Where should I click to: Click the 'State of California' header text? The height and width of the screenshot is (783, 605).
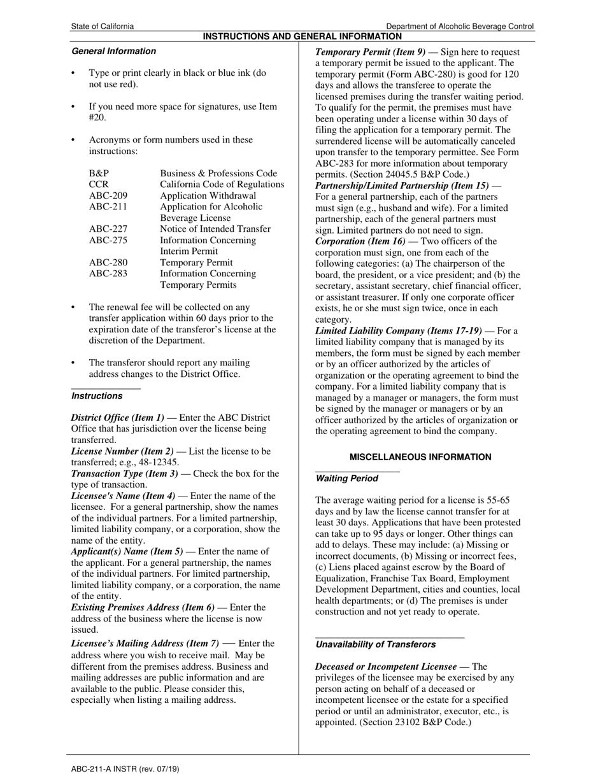tap(103, 26)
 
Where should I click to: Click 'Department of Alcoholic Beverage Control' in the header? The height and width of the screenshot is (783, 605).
tap(460, 26)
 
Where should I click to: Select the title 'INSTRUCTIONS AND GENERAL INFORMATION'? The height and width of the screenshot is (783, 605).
tap(302, 36)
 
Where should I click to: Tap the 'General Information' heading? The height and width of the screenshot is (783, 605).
tap(113, 51)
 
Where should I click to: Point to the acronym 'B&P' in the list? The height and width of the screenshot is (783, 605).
tap(99, 173)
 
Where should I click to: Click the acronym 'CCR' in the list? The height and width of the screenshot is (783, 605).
tap(99, 185)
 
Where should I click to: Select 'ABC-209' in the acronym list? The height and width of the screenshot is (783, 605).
tap(108, 195)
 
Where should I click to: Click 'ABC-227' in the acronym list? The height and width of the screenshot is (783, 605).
tap(108, 229)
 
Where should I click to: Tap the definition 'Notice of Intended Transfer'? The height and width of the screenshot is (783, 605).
tap(215, 229)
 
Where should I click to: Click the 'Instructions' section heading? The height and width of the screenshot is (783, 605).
tap(97, 396)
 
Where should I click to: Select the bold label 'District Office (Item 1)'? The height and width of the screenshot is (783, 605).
tap(118, 418)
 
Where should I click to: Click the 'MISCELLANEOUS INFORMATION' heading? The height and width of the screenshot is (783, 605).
tap(420, 457)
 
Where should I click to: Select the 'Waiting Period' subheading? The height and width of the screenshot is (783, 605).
tap(346, 479)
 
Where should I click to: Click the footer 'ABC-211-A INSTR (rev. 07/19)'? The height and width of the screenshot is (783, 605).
tap(125, 769)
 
